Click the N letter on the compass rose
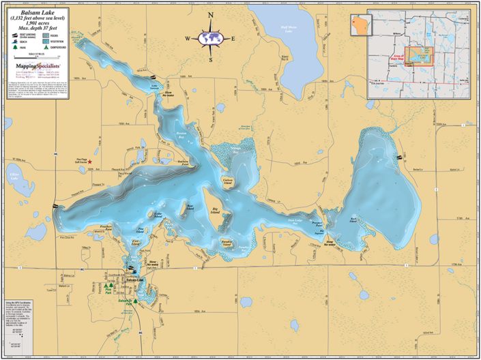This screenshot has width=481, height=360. click(211, 15)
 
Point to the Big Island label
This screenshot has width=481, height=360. click(216, 212)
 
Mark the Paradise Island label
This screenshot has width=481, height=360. click(229, 241)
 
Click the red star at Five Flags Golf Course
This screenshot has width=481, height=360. click(89, 162)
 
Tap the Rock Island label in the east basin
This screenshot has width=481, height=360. click(353, 219)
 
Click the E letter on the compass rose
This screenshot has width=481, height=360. click(233, 38)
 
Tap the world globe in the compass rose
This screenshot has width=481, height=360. click(211, 37)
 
